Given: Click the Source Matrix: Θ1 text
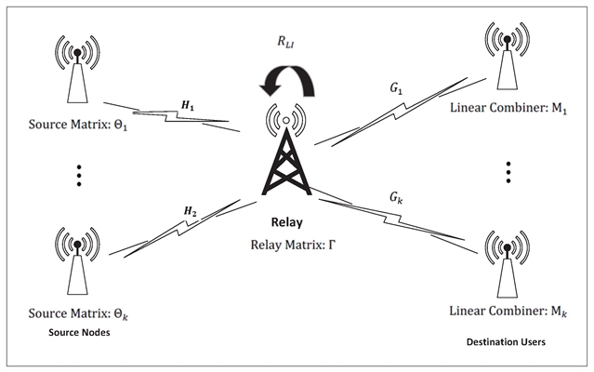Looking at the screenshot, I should tap(73, 126).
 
